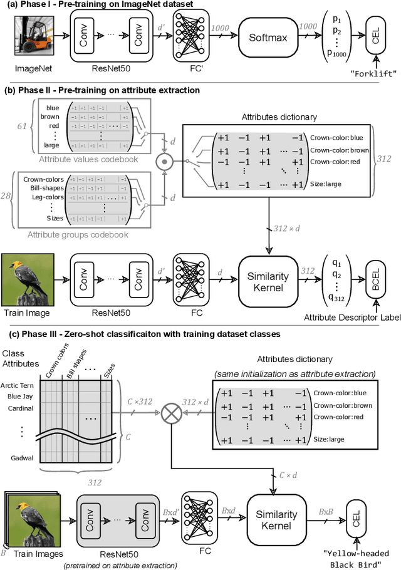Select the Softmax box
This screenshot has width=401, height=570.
point(268,38)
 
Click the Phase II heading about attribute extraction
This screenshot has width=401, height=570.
point(102,90)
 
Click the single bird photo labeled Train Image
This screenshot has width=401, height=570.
point(26,277)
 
